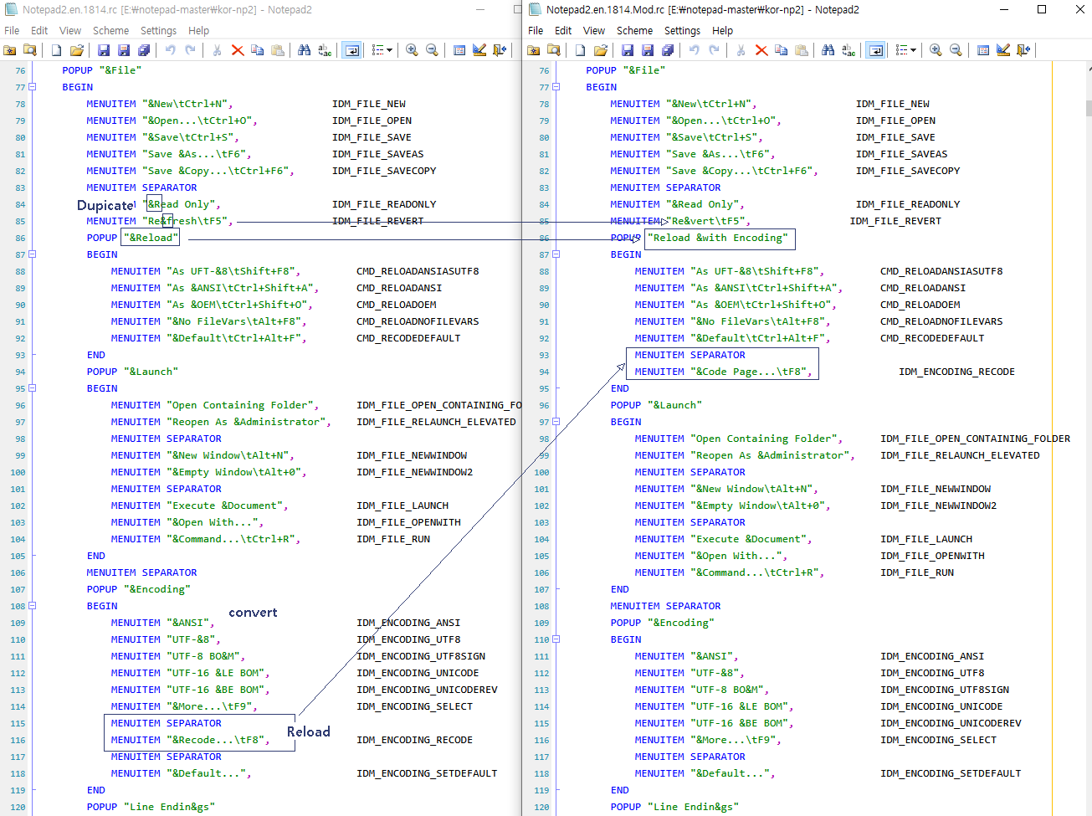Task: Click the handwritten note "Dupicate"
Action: click(x=105, y=205)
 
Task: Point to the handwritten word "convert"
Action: click(x=253, y=613)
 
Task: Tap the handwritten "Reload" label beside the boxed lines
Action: click(x=308, y=731)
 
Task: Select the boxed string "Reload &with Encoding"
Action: click(x=720, y=238)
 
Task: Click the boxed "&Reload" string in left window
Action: click(x=151, y=238)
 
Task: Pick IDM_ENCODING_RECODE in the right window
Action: click(x=956, y=372)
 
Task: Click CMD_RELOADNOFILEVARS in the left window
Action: click(x=418, y=321)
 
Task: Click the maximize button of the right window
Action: click(x=1042, y=9)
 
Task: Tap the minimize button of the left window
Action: click(x=481, y=9)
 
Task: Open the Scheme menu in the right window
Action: click(x=634, y=30)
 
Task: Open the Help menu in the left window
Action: click(x=198, y=30)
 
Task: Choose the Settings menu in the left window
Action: click(x=158, y=30)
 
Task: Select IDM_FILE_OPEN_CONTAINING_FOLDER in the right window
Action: click(x=975, y=439)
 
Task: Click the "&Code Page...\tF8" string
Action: click(x=751, y=372)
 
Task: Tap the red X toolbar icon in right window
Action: click(x=761, y=50)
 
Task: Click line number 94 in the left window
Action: click(x=20, y=372)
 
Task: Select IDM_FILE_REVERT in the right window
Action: click(x=895, y=221)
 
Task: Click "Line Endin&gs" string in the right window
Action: click(x=693, y=807)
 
